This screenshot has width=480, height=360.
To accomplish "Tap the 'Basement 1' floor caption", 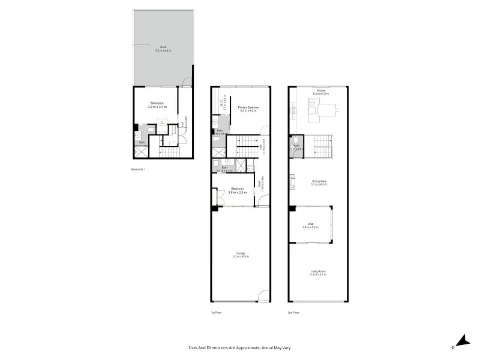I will (x=138, y=169).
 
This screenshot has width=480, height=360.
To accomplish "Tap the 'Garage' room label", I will (x=241, y=253).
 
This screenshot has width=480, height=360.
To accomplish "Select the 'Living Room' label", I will (x=318, y=272).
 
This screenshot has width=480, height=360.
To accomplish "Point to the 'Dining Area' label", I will (x=318, y=181).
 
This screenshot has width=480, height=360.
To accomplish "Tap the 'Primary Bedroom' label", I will (x=248, y=107).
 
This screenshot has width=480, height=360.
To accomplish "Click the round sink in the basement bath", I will (x=137, y=136).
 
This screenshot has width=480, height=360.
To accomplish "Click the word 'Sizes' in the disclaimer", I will (x=192, y=347).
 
